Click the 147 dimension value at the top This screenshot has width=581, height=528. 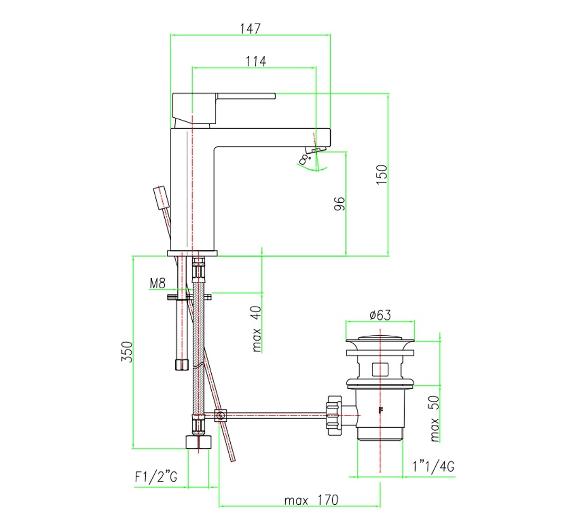250,29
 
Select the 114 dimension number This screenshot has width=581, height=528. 256,61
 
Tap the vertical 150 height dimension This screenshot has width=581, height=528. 381,175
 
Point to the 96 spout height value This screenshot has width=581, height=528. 340,203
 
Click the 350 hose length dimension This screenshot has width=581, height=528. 127,352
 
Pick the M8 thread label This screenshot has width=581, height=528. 157,284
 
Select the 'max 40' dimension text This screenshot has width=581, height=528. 256,328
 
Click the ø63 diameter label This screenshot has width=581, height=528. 380,315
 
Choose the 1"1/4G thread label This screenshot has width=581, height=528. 434,466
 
